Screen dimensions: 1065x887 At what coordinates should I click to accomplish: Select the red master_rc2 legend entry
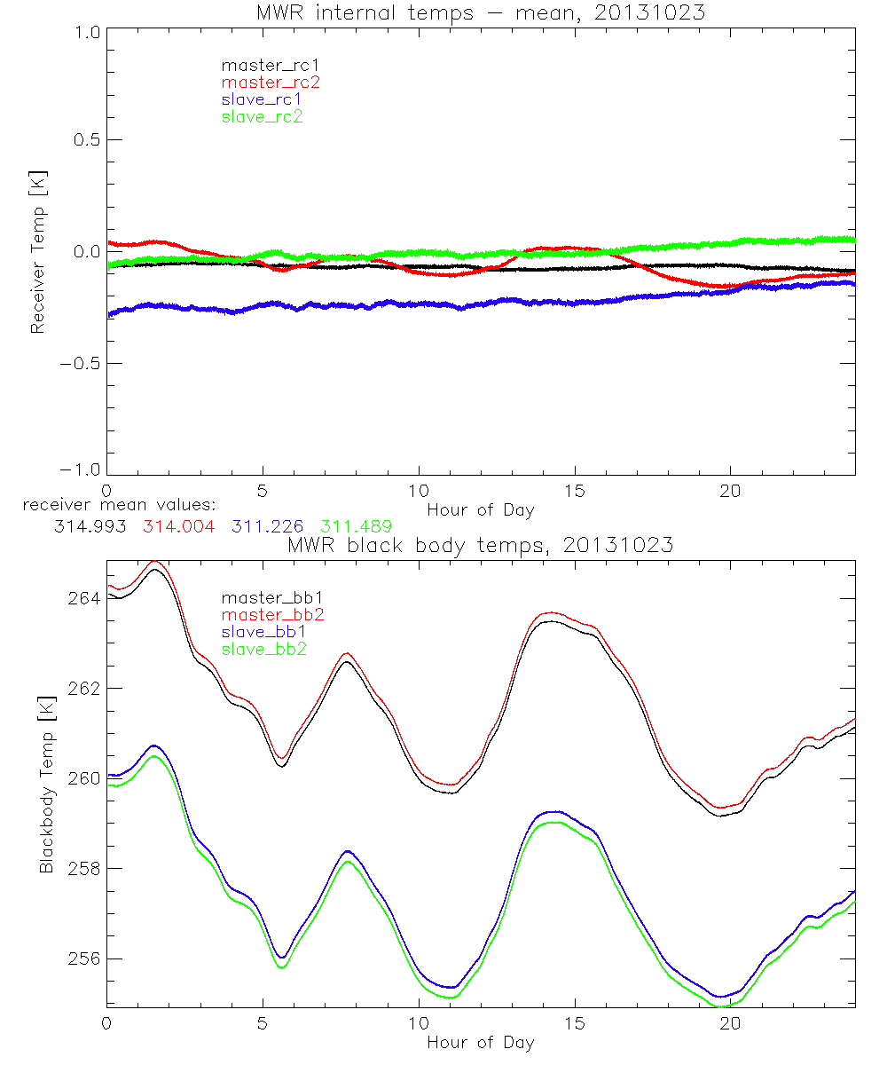pyautogui.click(x=271, y=83)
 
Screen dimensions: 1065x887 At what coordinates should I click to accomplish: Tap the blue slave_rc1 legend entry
pyautogui.click(x=262, y=99)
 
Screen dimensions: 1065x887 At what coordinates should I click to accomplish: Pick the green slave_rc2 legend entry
pyautogui.click(x=262, y=116)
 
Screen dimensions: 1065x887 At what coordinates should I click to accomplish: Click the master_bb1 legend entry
pyautogui.click(x=267, y=598)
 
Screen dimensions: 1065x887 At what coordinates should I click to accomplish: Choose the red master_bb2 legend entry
pyautogui.click(x=273, y=614)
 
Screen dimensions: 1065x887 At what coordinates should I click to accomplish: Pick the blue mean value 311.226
pyautogui.click(x=269, y=526)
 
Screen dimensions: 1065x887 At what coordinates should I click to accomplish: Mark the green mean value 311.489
pyautogui.click(x=358, y=526)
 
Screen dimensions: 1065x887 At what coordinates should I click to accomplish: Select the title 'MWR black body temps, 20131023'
pyautogui.click(x=480, y=546)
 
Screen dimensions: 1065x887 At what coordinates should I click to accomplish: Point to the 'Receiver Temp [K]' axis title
pyautogui.click(x=38, y=252)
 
